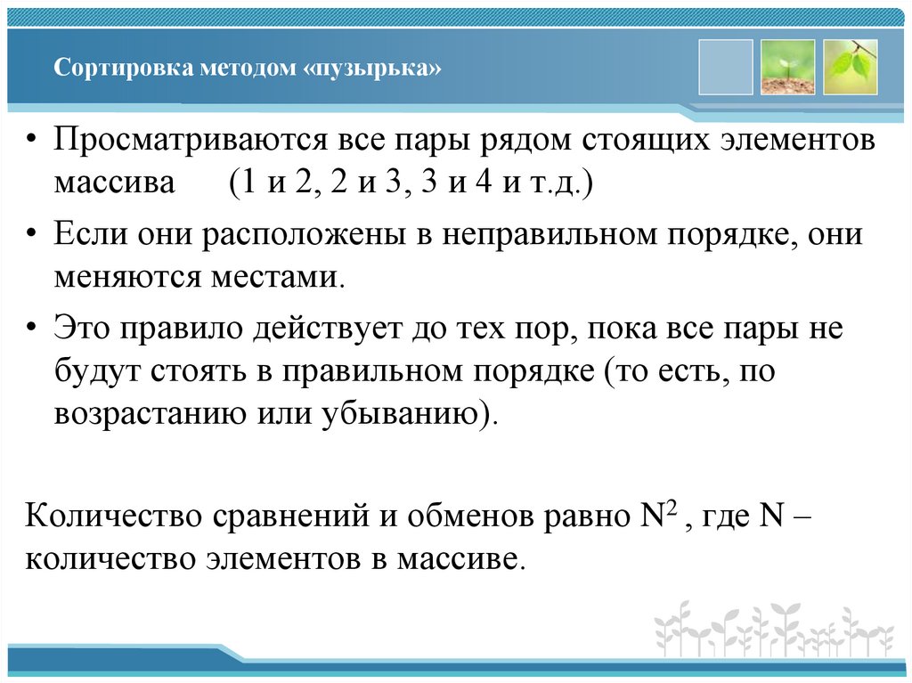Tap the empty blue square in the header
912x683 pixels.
click(x=726, y=67)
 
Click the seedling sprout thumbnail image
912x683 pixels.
click(x=787, y=67)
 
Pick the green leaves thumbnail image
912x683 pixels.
click(x=851, y=67)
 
